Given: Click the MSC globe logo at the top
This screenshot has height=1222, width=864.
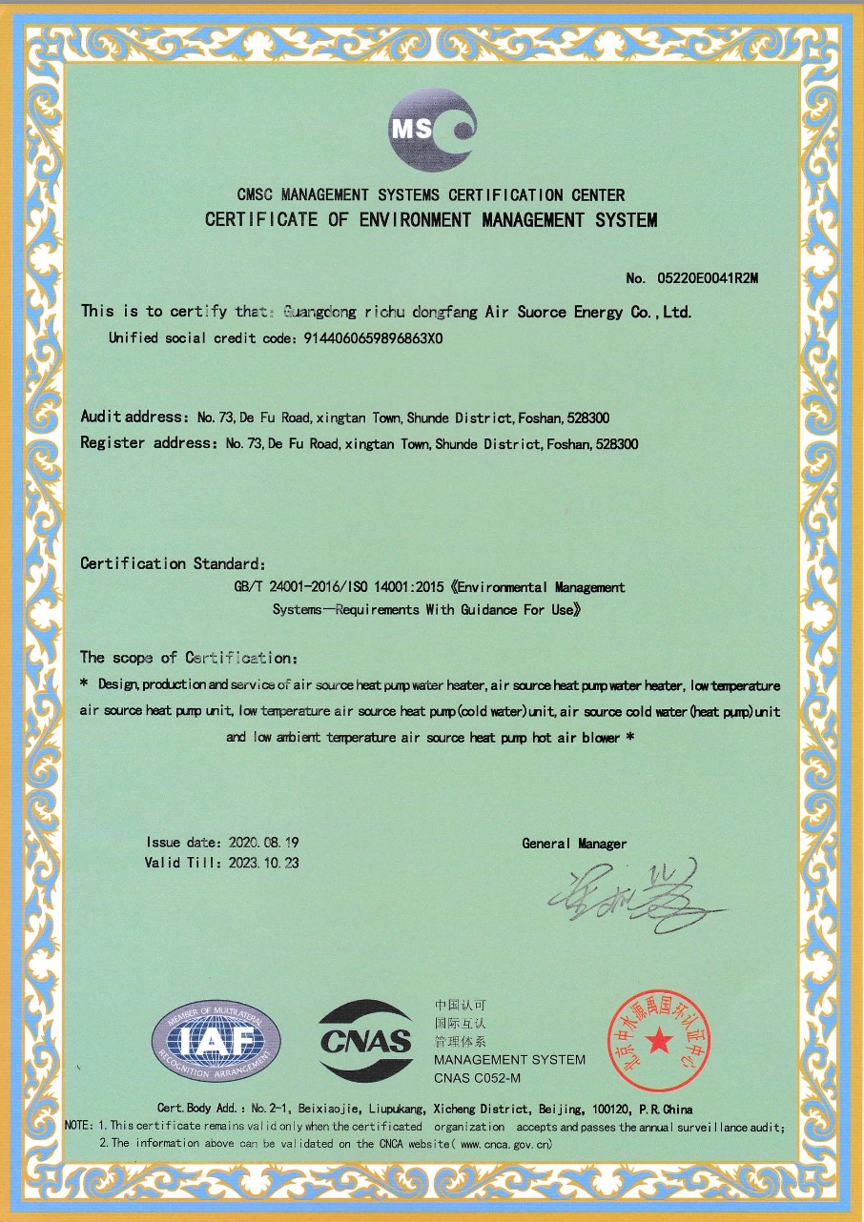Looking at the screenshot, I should pyautogui.click(x=431, y=130).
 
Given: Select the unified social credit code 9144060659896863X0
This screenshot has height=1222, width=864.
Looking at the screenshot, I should pyautogui.click(x=372, y=338).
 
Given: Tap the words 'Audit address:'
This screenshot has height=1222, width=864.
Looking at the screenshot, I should pyautogui.click(x=134, y=418).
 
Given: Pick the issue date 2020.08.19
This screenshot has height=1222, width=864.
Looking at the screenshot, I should pyautogui.click(x=264, y=843).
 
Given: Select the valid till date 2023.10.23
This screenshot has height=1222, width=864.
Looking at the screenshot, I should pyautogui.click(x=264, y=863).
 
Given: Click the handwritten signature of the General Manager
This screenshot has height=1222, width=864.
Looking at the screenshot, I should pyautogui.click(x=629, y=896).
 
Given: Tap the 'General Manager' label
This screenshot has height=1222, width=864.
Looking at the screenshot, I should pyautogui.click(x=574, y=844).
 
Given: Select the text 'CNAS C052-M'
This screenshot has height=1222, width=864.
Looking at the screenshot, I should pyautogui.click(x=477, y=1078).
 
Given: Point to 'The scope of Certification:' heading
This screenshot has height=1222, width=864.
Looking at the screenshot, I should pyautogui.click(x=189, y=658).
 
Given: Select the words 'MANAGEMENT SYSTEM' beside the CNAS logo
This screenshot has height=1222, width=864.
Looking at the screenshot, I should pyautogui.click(x=509, y=1060).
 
